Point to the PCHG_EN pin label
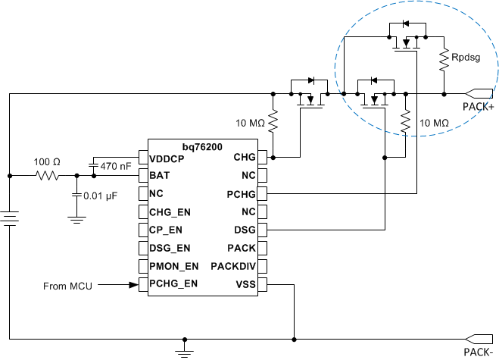[x=173, y=285]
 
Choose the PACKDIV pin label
[x=233, y=266]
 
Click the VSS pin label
[x=245, y=285]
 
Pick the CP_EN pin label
[x=165, y=230]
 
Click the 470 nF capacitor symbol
[x=94, y=164]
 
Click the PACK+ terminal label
[x=479, y=108]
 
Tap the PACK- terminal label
[x=479, y=351]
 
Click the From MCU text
[x=69, y=286]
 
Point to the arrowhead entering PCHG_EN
[x=133, y=285]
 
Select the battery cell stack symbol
[x=9, y=220]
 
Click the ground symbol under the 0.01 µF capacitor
[x=76, y=219]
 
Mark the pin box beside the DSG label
[x=263, y=230]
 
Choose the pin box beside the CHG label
[x=263, y=158]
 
